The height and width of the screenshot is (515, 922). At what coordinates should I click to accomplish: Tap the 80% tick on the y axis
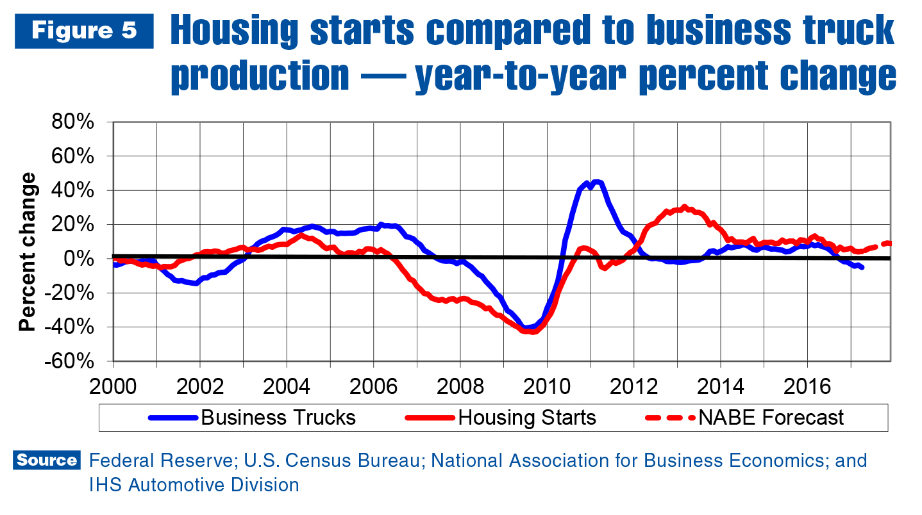pyautogui.click(x=76, y=122)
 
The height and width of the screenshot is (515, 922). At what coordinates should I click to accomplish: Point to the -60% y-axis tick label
pyautogui.click(x=72, y=361)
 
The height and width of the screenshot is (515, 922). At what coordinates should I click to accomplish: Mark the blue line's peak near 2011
pyautogui.click(x=596, y=182)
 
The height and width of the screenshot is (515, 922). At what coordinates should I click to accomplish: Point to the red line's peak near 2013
pyautogui.click(x=685, y=207)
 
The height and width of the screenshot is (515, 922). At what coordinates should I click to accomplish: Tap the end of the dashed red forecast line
pyautogui.click(x=890, y=243)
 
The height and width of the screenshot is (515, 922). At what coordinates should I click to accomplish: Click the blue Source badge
pyautogui.click(x=46, y=461)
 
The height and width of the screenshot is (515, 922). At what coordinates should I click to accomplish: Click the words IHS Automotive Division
pyautogui.click(x=194, y=485)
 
